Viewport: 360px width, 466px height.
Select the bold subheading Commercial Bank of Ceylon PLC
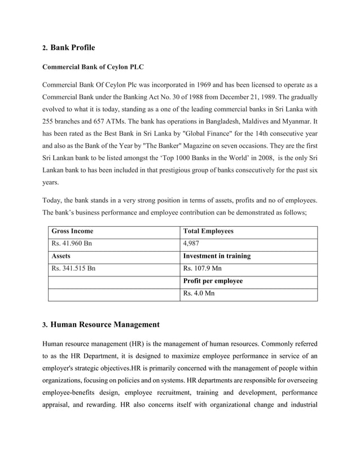93,68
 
